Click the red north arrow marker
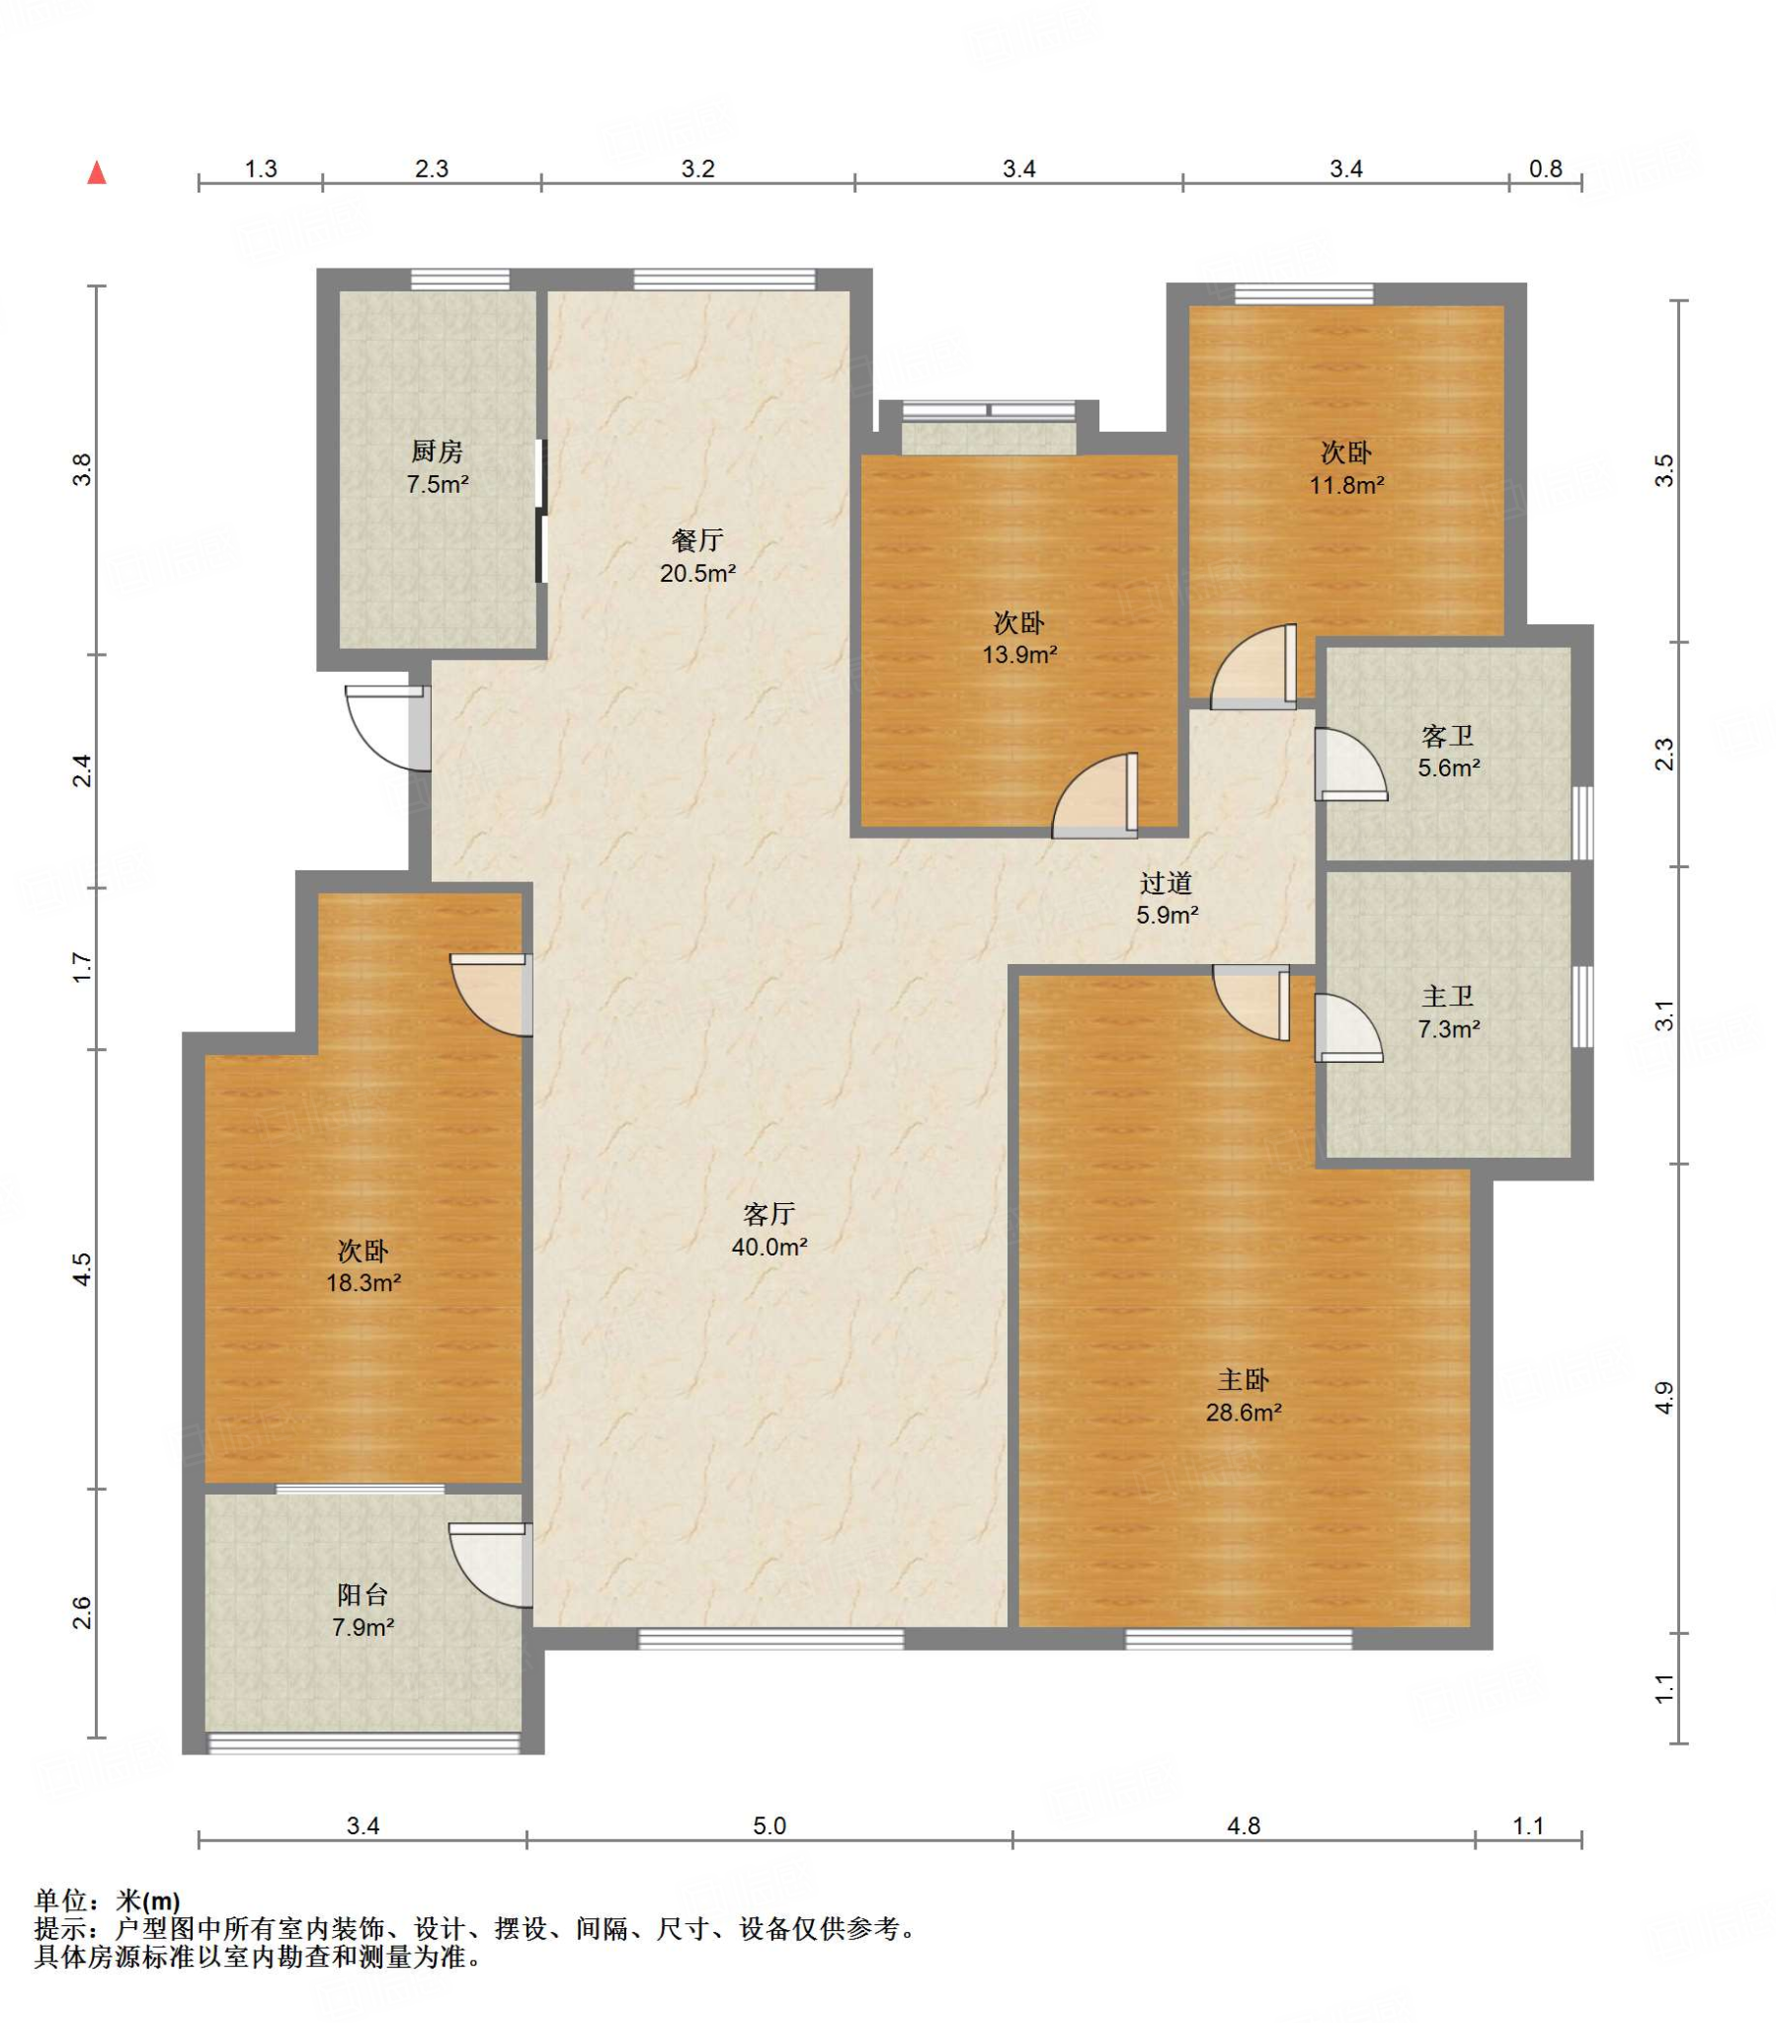(96, 172)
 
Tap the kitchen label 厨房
(437, 451)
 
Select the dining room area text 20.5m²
(697, 573)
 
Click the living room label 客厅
(768, 1213)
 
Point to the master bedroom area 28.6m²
(1243, 1413)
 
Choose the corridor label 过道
(1166, 883)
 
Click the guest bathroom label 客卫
(1447, 735)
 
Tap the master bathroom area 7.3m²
(1447, 1029)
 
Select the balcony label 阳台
(363, 1594)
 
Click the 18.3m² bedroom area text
(363, 1284)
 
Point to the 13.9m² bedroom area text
(1018, 654)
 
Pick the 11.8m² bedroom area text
(1345, 485)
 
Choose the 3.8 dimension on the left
(83, 469)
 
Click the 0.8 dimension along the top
(1544, 169)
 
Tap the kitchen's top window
(459, 280)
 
